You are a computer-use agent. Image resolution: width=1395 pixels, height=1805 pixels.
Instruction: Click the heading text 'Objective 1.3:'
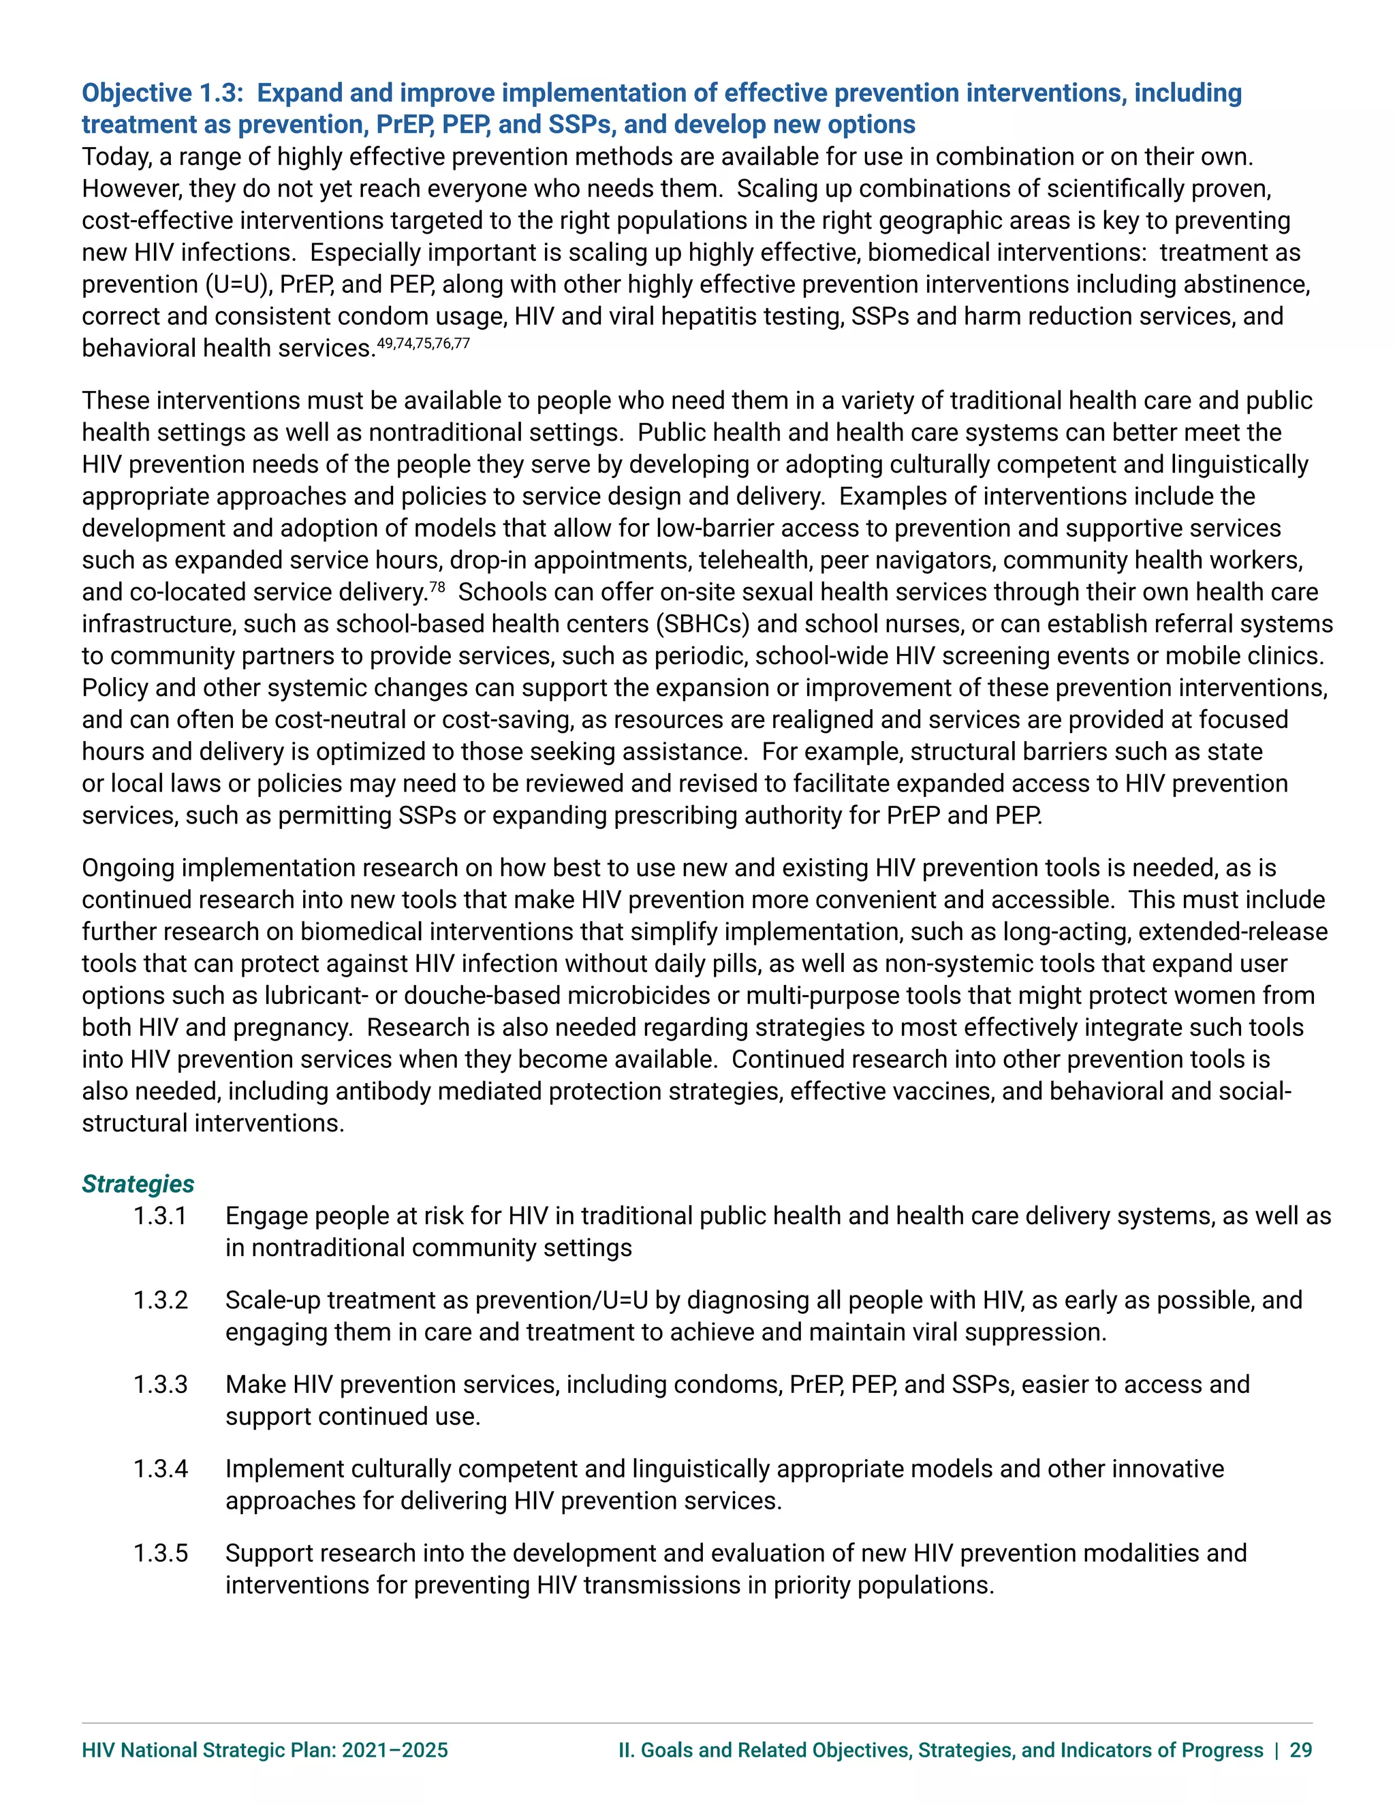pyautogui.click(x=162, y=93)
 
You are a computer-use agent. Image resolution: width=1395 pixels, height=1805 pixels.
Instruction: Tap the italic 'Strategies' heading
pyautogui.click(x=138, y=1184)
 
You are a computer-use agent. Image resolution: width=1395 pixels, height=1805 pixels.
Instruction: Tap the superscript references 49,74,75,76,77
pyautogui.click(x=423, y=343)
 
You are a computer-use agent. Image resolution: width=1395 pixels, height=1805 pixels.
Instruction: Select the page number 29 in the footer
pyautogui.click(x=1301, y=1751)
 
